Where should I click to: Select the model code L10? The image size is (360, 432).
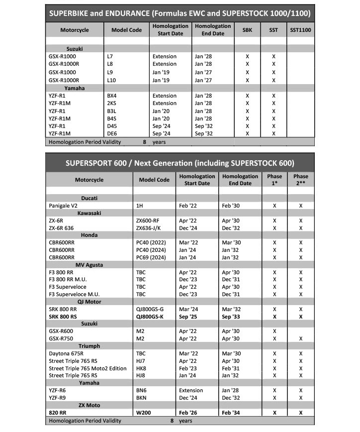tap(111, 80)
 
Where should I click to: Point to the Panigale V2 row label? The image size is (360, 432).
tap(65, 205)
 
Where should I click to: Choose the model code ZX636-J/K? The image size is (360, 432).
tap(151, 228)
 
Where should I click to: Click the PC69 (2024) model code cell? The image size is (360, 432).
tap(152, 258)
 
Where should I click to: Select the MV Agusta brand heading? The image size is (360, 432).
tap(90, 265)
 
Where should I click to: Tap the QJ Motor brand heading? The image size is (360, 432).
tap(89, 302)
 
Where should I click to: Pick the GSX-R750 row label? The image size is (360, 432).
tap(64, 339)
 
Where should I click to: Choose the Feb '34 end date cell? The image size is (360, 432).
tap(232, 413)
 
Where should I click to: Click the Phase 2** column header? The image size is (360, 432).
tap(300, 180)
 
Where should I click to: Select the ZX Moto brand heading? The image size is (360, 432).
tap(89, 405)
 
